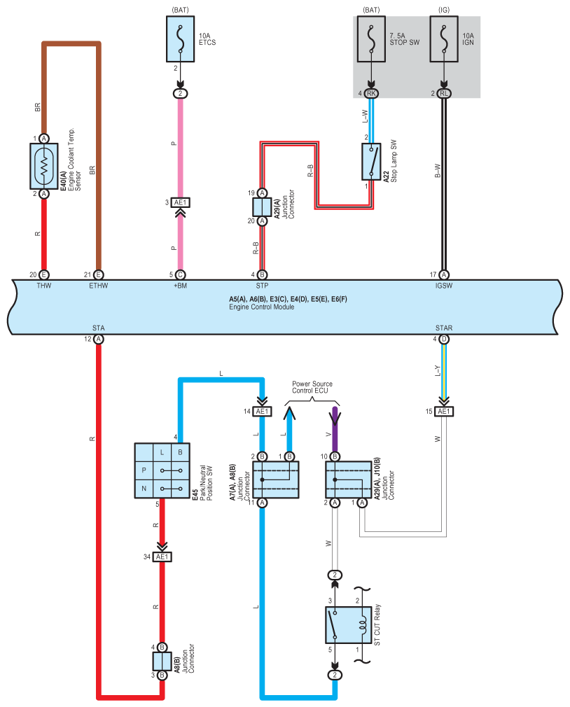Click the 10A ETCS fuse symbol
181,39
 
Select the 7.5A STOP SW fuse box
371,39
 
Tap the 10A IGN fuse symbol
444,39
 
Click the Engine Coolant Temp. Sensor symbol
43,166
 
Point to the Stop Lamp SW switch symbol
371,162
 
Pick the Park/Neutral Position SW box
162,470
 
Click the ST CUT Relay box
348,625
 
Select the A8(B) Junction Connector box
162,661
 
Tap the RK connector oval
371,93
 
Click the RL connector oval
444,93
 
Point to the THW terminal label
43,286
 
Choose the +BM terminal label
180,286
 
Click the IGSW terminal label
444,286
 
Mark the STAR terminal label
444,328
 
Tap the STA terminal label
98,328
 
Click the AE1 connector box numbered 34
162,557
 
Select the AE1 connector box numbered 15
444,411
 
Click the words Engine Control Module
262,307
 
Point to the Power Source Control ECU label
312,387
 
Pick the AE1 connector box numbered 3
181,202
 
